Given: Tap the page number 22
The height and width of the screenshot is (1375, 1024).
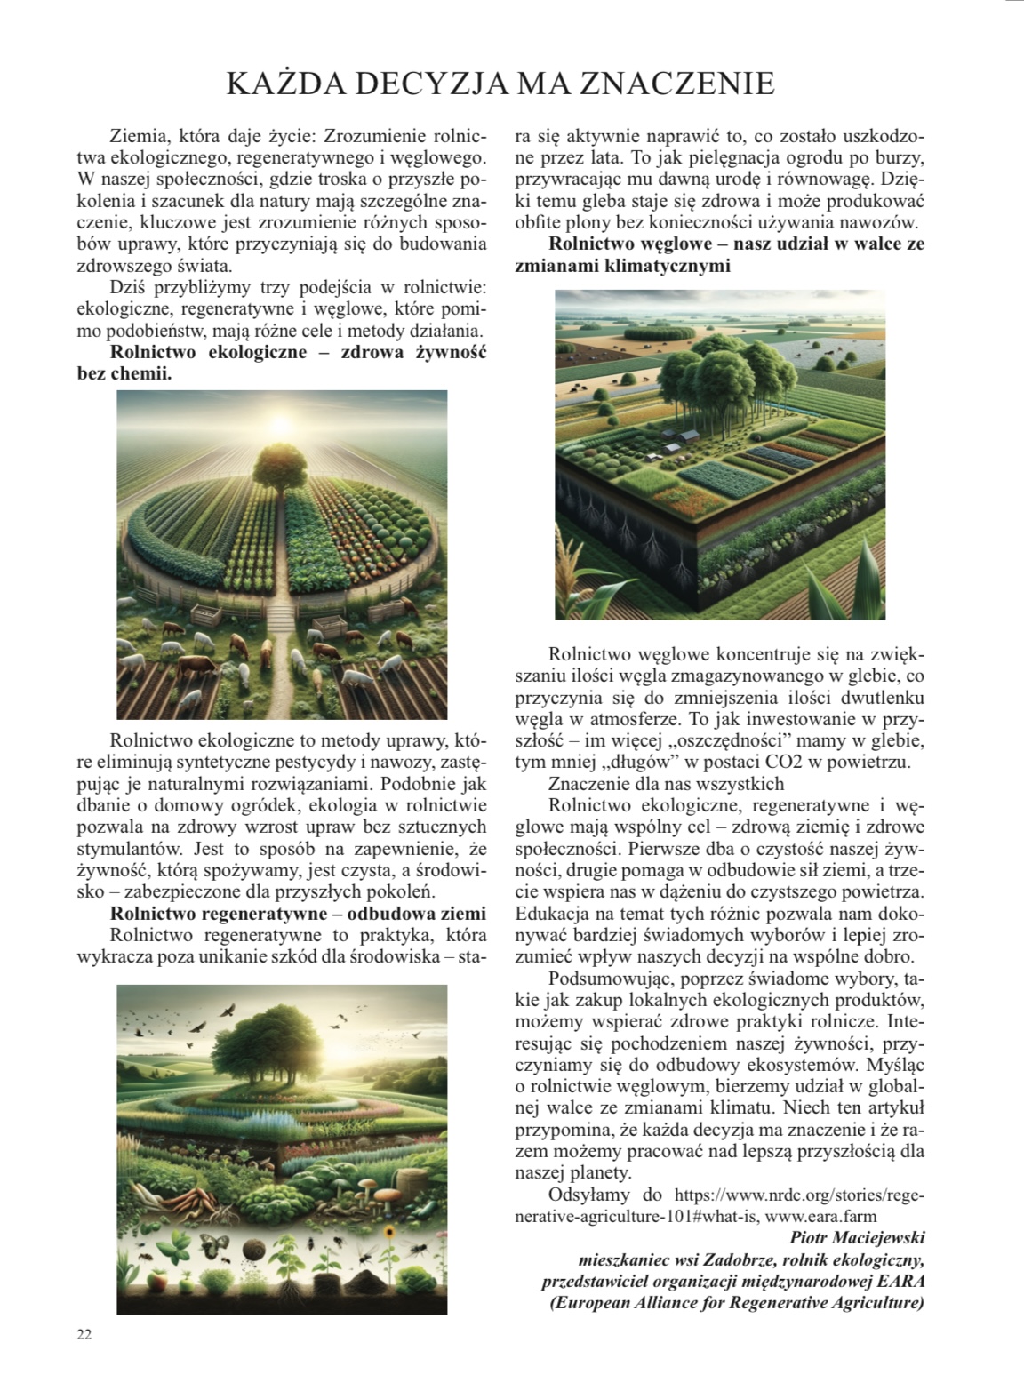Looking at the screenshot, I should [x=84, y=1334].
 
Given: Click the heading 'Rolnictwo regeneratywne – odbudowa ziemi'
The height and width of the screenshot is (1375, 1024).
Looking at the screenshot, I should [x=298, y=914].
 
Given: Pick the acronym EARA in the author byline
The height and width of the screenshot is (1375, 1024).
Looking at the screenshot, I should [x=899, y=1281].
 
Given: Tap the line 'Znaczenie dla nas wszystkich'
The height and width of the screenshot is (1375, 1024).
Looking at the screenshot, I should [x=667, y=784].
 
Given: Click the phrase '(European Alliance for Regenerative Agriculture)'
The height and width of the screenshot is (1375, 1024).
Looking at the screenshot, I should [x=737, y=1303].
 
